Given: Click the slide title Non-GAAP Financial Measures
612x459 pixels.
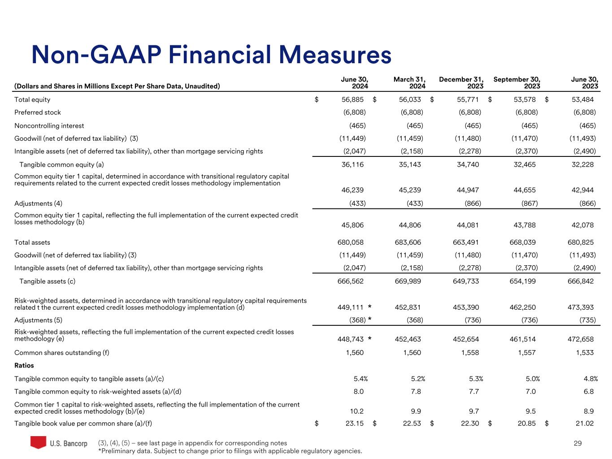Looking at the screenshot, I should (211, 55).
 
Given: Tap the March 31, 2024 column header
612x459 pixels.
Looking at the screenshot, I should (409, 82).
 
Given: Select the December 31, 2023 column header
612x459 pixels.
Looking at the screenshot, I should (461, 82).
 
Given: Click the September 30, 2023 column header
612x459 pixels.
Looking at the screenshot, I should (517, 82).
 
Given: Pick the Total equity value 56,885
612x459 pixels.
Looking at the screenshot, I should (352, 100).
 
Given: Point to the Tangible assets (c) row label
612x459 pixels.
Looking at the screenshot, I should (47, 281).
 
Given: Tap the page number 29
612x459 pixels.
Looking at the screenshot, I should (577, 443).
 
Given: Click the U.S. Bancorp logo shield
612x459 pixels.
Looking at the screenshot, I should (38, 442).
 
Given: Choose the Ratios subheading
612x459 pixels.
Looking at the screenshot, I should (24, 365).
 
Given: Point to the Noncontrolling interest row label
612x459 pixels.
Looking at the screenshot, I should (49, 126).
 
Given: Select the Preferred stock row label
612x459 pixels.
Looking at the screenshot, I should (38, 113).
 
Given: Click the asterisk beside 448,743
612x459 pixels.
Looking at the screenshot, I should (369, 340).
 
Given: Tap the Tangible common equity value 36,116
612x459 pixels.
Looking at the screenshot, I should (352, 165).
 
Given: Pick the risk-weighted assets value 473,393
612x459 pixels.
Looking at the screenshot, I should (581, 307).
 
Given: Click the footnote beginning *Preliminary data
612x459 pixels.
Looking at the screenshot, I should (230, 451).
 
